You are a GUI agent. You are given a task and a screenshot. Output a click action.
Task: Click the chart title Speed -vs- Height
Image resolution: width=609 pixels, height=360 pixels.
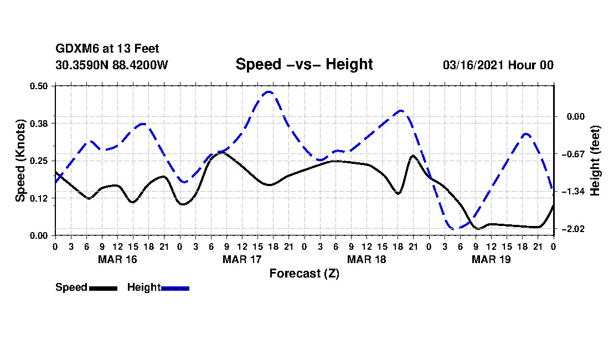click(x=304, y=64)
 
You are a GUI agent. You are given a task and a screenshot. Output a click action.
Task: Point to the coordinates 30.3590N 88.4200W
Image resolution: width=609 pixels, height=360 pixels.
click(x=112, y=65)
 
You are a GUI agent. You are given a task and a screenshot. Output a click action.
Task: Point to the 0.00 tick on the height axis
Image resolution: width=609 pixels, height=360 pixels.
click(x=570, y=116)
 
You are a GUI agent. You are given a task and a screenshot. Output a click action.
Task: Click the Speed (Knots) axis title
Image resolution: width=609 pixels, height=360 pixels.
click(x=20, y=161)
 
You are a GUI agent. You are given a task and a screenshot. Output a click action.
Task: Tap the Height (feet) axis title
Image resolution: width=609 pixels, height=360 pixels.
click(x=596, y=161)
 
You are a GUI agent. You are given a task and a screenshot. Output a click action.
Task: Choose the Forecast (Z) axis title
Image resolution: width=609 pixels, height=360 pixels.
click(x=304, y=273)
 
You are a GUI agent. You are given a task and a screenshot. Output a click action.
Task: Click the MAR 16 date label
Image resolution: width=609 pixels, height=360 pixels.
click(x=118, y=259)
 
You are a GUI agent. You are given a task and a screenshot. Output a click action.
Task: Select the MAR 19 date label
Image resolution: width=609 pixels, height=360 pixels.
click(x=491, y=259)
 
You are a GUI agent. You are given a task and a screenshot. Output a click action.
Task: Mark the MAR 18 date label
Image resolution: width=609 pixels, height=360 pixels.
click(x=367, y=259)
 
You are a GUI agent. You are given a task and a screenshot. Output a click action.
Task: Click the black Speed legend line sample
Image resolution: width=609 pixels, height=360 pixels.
click(x=103, y=288)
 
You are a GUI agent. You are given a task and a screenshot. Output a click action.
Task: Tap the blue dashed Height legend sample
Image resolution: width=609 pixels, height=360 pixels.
click(x=175, y=288)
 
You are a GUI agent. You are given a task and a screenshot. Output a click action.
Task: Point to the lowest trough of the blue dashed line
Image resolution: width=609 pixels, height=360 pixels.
click(x=455, y=228)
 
